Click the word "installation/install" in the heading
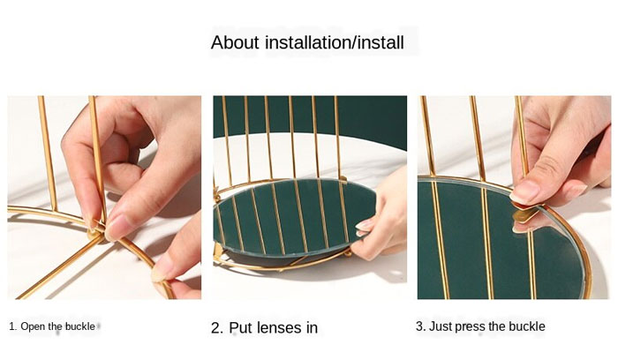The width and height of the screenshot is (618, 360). pyautogui.click(x=335, y=42)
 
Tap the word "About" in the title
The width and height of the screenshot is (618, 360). pyautogui.click(x=235, y=42)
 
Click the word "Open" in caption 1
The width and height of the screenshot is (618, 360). pyautogui.click(x=33, y=326)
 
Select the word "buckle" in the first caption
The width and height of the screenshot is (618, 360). pyautogui.click(x=80, y=326)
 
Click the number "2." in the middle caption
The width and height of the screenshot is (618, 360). pyautogui.click(x=217, y=327)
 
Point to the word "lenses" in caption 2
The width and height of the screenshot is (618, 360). pyautogui.click(x=276, y=327)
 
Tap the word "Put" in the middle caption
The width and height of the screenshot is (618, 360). pyautogui.click(x=240, y=327)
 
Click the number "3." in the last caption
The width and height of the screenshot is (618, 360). pyautogui.click(x=420, y=326)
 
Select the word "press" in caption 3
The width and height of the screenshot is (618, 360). pyautogui.click(x=470, y=327)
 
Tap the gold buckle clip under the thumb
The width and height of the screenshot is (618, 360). pyautogui.click(x=527, y=213)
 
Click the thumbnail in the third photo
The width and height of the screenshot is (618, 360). pyautogui.click(x=524, y=192)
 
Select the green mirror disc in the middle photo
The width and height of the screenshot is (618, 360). pyautogui.click(x=294, y=218)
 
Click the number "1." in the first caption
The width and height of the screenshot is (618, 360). pyautogui.click(x=13, y=326)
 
